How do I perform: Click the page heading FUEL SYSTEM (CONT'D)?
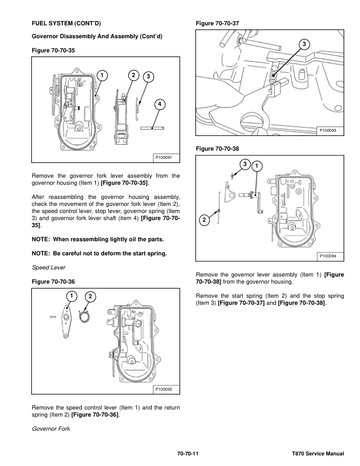pos(66,24)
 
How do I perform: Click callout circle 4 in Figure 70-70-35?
pos(159,104)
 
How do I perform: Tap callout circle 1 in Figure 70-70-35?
pos(102,75)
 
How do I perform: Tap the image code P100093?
pos(329,130)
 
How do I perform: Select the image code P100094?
pos(329,256)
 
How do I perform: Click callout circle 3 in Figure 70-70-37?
pos(303,45)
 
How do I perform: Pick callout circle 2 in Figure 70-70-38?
pos(204,220)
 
